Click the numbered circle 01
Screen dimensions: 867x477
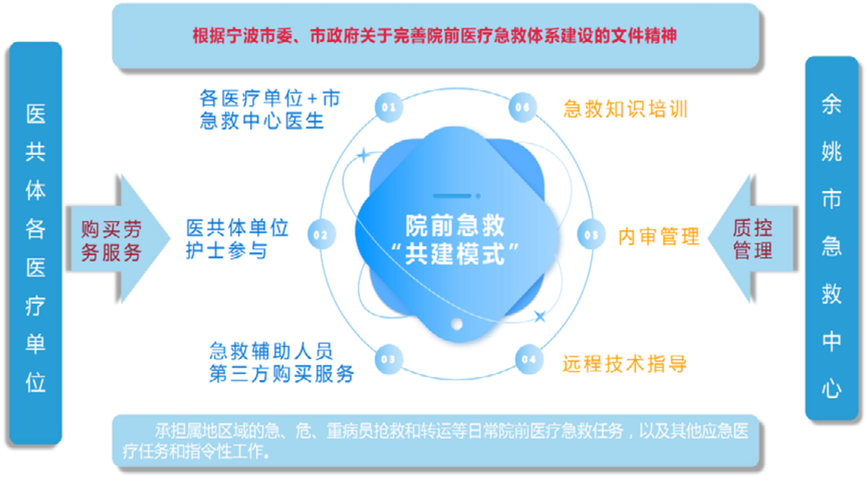tap(388, 107)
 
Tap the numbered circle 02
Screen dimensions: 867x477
tap(321, 235)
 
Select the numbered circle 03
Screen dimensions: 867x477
tap(388, 360)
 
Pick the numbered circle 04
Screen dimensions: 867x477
tap(529, 360)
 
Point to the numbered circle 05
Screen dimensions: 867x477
tap(591, 235)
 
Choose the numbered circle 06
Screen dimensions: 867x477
tap(523, 107)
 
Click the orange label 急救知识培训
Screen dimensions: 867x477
tap(626, 109)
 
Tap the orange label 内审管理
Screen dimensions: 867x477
tap(659, 237)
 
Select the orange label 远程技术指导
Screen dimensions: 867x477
tap(625, 363)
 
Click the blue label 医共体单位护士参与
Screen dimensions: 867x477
tap(237, 239)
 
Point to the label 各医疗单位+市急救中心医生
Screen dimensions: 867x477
tap(270, 109)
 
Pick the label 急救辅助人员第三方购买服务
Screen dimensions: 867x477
tap(281, 362)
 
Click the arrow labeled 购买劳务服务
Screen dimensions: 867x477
tap(118, 239)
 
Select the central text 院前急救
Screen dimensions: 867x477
tap(455, 225)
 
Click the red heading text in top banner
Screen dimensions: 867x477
tap(435, 36)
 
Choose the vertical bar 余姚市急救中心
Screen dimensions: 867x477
tap(831, 238)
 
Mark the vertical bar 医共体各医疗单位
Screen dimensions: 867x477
tap(36, 243)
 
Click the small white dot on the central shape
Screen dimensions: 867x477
tap(457, 324)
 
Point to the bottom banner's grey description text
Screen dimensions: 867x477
tap(436, 441)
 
